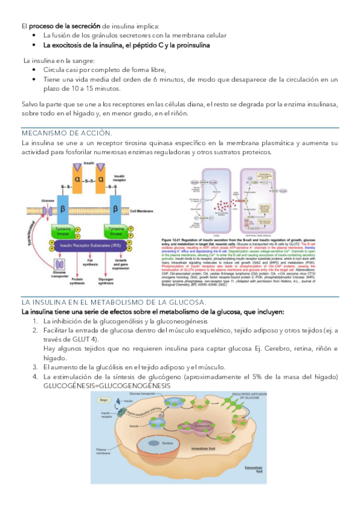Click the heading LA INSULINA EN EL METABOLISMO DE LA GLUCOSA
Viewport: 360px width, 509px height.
(114, 302)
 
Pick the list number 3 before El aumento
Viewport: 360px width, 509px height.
(35, 367)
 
